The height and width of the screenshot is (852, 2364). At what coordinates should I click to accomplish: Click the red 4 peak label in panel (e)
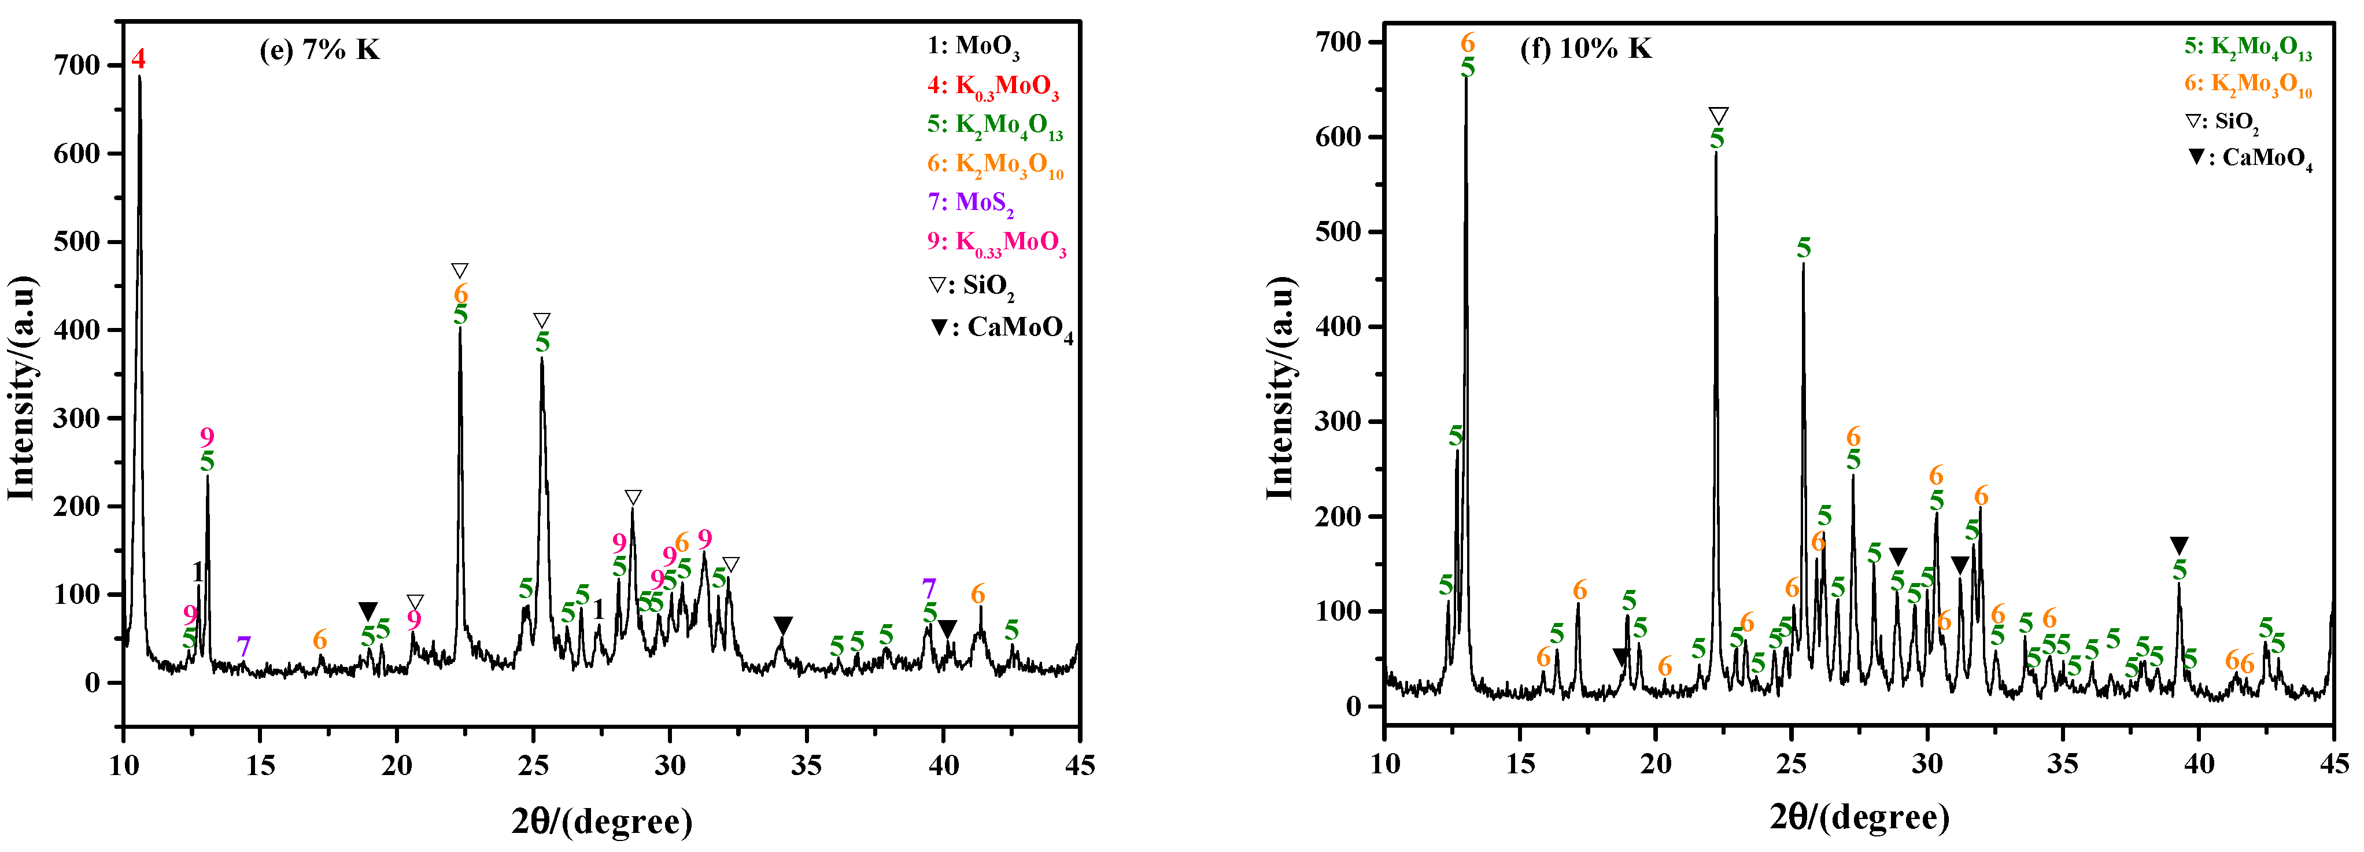139,60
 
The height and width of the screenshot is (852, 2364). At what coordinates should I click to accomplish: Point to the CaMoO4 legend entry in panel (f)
2250,159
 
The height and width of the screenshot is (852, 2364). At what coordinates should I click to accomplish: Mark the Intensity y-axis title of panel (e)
22,386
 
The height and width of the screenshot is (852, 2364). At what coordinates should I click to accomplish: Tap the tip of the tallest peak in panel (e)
139,77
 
